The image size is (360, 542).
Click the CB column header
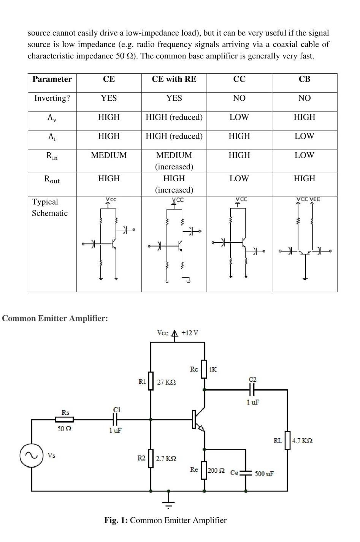[x=304, y=79]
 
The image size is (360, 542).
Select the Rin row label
[x=52, y=156]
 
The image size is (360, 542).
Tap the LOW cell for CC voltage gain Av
[x=239, y=117]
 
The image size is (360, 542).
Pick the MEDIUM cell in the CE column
[x=109, y=155]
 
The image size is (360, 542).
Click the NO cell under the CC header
[x=239, y=98]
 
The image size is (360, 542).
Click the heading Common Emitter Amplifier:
[x=55, y=318]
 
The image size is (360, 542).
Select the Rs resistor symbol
[x=64, y=419]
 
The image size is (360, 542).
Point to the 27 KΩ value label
[x=167, y=382]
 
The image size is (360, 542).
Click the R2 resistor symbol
[x=151, y=458]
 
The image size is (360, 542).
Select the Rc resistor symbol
[x=204, y=369]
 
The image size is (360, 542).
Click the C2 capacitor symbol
[x=252, y=390]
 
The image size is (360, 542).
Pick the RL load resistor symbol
[x=287, y=441]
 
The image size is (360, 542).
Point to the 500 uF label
[x=264, y=474]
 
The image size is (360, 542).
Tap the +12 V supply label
[x=190, y=333]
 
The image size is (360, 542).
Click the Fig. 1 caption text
[x=165, y=520]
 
